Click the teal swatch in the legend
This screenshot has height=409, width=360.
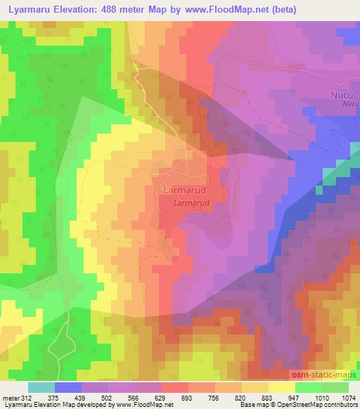(41, 387)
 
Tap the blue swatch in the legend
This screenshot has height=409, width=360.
(68, 387)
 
